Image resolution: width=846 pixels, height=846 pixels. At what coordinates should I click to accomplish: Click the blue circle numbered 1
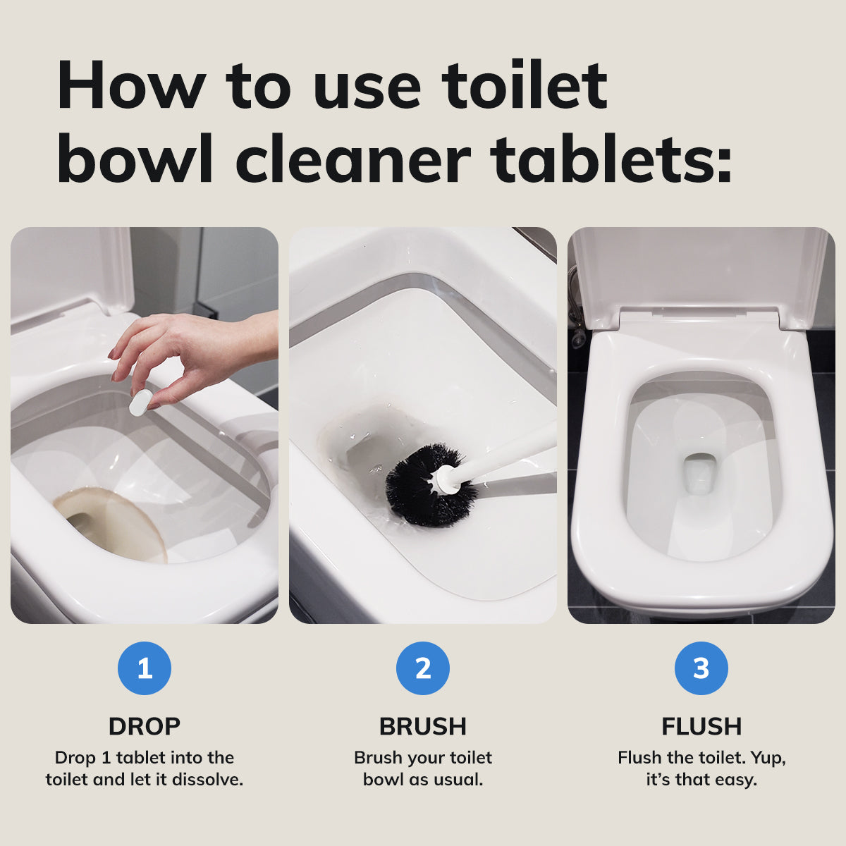[x=145, y=668]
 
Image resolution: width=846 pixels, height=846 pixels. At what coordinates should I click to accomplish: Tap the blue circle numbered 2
[x=423, y=668]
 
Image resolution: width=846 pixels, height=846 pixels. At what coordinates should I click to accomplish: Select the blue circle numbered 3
[x=701, y=668]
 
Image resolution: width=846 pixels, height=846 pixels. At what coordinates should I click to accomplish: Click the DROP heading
[x=145, y=726]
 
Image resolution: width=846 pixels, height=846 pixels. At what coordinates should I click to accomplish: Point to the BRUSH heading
[x=423, y=726]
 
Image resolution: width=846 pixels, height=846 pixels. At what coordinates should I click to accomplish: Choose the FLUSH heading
[x=701, y=726]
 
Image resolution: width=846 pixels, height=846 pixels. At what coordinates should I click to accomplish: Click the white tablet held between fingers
[x=141, y=403]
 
